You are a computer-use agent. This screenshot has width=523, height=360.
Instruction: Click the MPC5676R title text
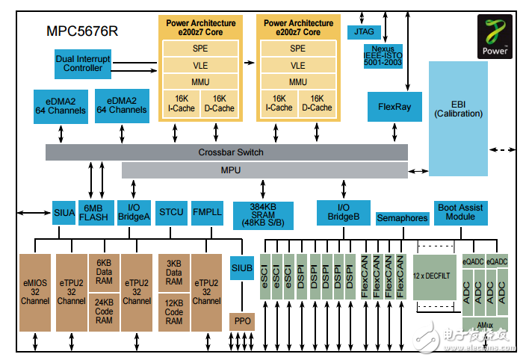click(x=83, y=32)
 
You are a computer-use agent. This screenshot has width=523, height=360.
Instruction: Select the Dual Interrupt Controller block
click(x=83, y=63)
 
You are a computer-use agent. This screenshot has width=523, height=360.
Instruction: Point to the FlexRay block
click(x=394, y=106)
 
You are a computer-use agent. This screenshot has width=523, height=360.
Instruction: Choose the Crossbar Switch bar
click(x=227, y=152)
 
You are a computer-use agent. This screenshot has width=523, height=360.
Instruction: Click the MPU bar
click(x=264, y=170)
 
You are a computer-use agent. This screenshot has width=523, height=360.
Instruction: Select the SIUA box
click(x=64, y=213)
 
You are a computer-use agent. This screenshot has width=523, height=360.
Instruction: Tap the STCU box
click(x=171, y=212)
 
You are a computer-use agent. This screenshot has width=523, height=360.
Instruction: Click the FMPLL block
click(x=207, y=212)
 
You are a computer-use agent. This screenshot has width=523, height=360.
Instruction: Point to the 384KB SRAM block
click(x=264, y=214)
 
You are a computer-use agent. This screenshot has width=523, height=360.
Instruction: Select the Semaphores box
click(x=402, y=218)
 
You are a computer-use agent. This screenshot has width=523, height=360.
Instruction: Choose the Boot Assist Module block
click(x=461, y=212)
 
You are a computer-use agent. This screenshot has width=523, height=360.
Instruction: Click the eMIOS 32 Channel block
click(x=35, y=292)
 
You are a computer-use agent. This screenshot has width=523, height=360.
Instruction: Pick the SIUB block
click(x=241, y=267)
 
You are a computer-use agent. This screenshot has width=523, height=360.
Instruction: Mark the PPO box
click(x=241, y=322)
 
